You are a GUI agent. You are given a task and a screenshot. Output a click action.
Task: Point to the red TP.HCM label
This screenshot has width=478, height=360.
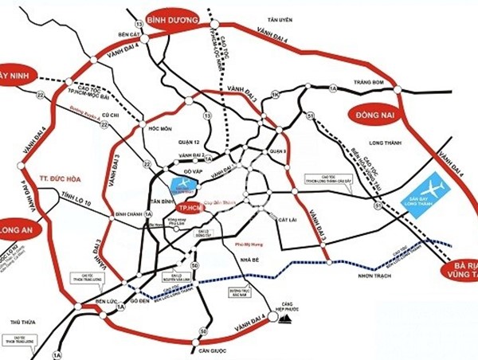[189, 206]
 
